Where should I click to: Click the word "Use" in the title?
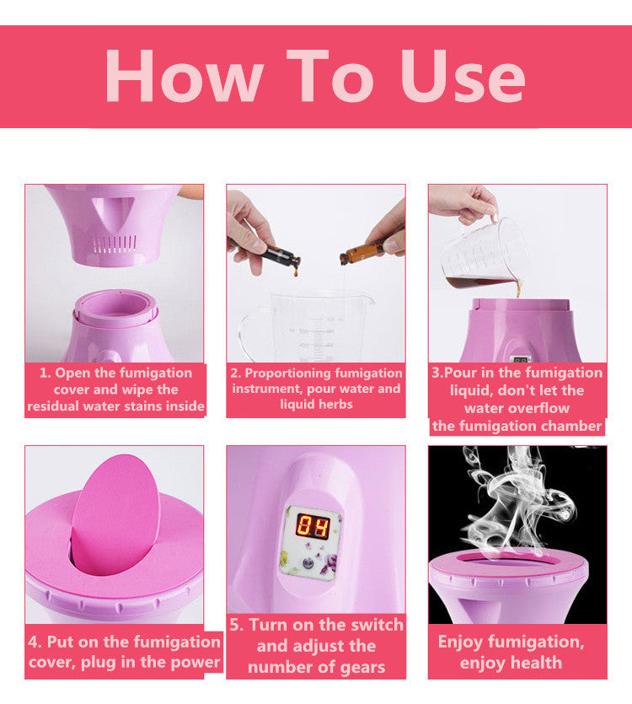point(463,77)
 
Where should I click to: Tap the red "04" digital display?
point(313,526)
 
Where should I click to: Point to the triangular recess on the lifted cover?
point(112,210)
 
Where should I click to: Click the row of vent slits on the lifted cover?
point(115,244)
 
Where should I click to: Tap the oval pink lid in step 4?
point(115,515)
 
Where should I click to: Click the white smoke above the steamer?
point(517,498)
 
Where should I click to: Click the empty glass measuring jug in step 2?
point(310,327)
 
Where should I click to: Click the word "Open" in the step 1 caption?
point(73,373)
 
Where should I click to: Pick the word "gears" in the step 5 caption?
point(362,668)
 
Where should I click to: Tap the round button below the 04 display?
point(308,562)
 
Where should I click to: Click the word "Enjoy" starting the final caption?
point(461,642)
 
